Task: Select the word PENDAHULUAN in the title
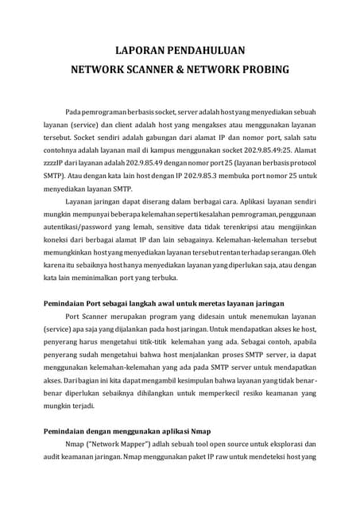pos(204,49)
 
